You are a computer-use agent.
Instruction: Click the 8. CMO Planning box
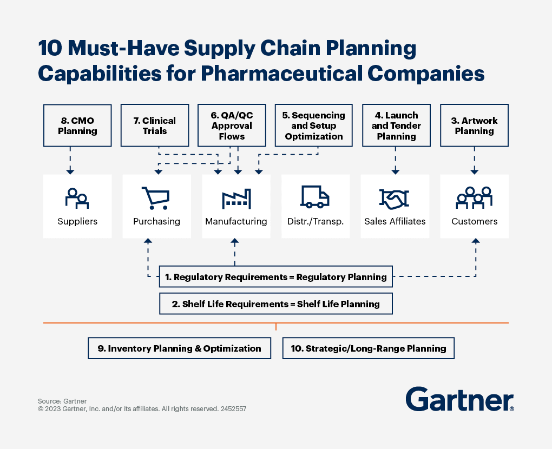(77, 126)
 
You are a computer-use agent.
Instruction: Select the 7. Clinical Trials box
(155, 126)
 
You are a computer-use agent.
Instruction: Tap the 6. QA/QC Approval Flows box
(232, 126)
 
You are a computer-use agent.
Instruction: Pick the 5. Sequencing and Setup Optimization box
(314, 126)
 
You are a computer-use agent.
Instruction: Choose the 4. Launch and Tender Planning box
(396, 126)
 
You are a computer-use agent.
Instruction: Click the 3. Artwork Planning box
(474, 126)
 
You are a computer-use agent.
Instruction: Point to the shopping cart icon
(156, 198)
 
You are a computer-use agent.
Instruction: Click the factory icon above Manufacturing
(236, 199)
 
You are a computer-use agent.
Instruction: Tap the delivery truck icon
(315, 197)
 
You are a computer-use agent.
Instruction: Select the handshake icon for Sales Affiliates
(395, 198)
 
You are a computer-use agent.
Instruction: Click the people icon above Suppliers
(77, 199)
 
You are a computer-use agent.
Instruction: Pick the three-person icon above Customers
(474, 198)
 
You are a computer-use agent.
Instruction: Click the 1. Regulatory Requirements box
(276, 276)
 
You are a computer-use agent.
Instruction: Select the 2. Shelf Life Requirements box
(276, 303)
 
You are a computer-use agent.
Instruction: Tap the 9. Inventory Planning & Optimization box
(180, 348)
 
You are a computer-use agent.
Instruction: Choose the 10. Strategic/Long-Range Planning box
(369, 348)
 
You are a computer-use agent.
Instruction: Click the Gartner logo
(460, 399)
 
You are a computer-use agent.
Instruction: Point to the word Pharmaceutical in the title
(281, 74)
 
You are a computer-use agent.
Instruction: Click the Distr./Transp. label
(316, 221)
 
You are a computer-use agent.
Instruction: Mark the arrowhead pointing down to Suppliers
(70, 171)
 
